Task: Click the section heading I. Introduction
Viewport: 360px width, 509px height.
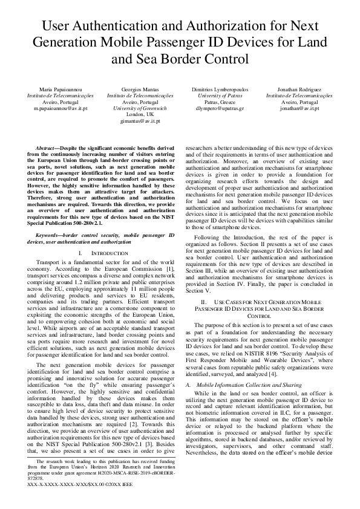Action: [99, 253]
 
